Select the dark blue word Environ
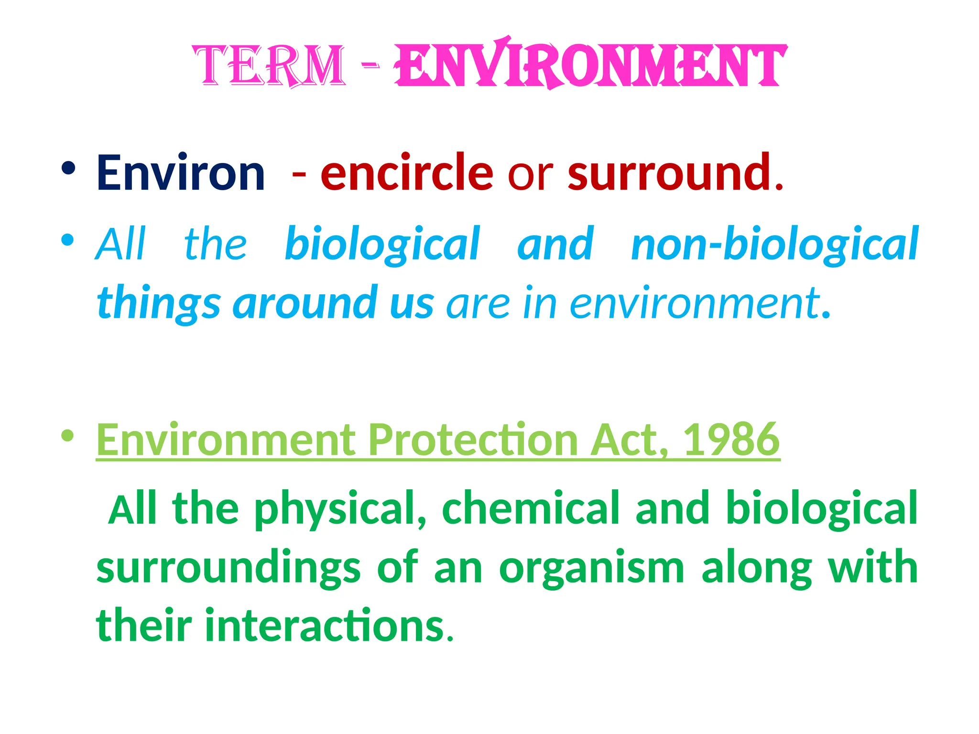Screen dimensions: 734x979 point(181,173)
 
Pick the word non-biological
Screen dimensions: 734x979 point(774,245)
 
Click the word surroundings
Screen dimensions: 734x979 point(228,569)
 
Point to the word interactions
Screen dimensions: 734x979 point(325,626)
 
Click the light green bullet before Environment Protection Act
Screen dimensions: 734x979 point(68,435)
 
